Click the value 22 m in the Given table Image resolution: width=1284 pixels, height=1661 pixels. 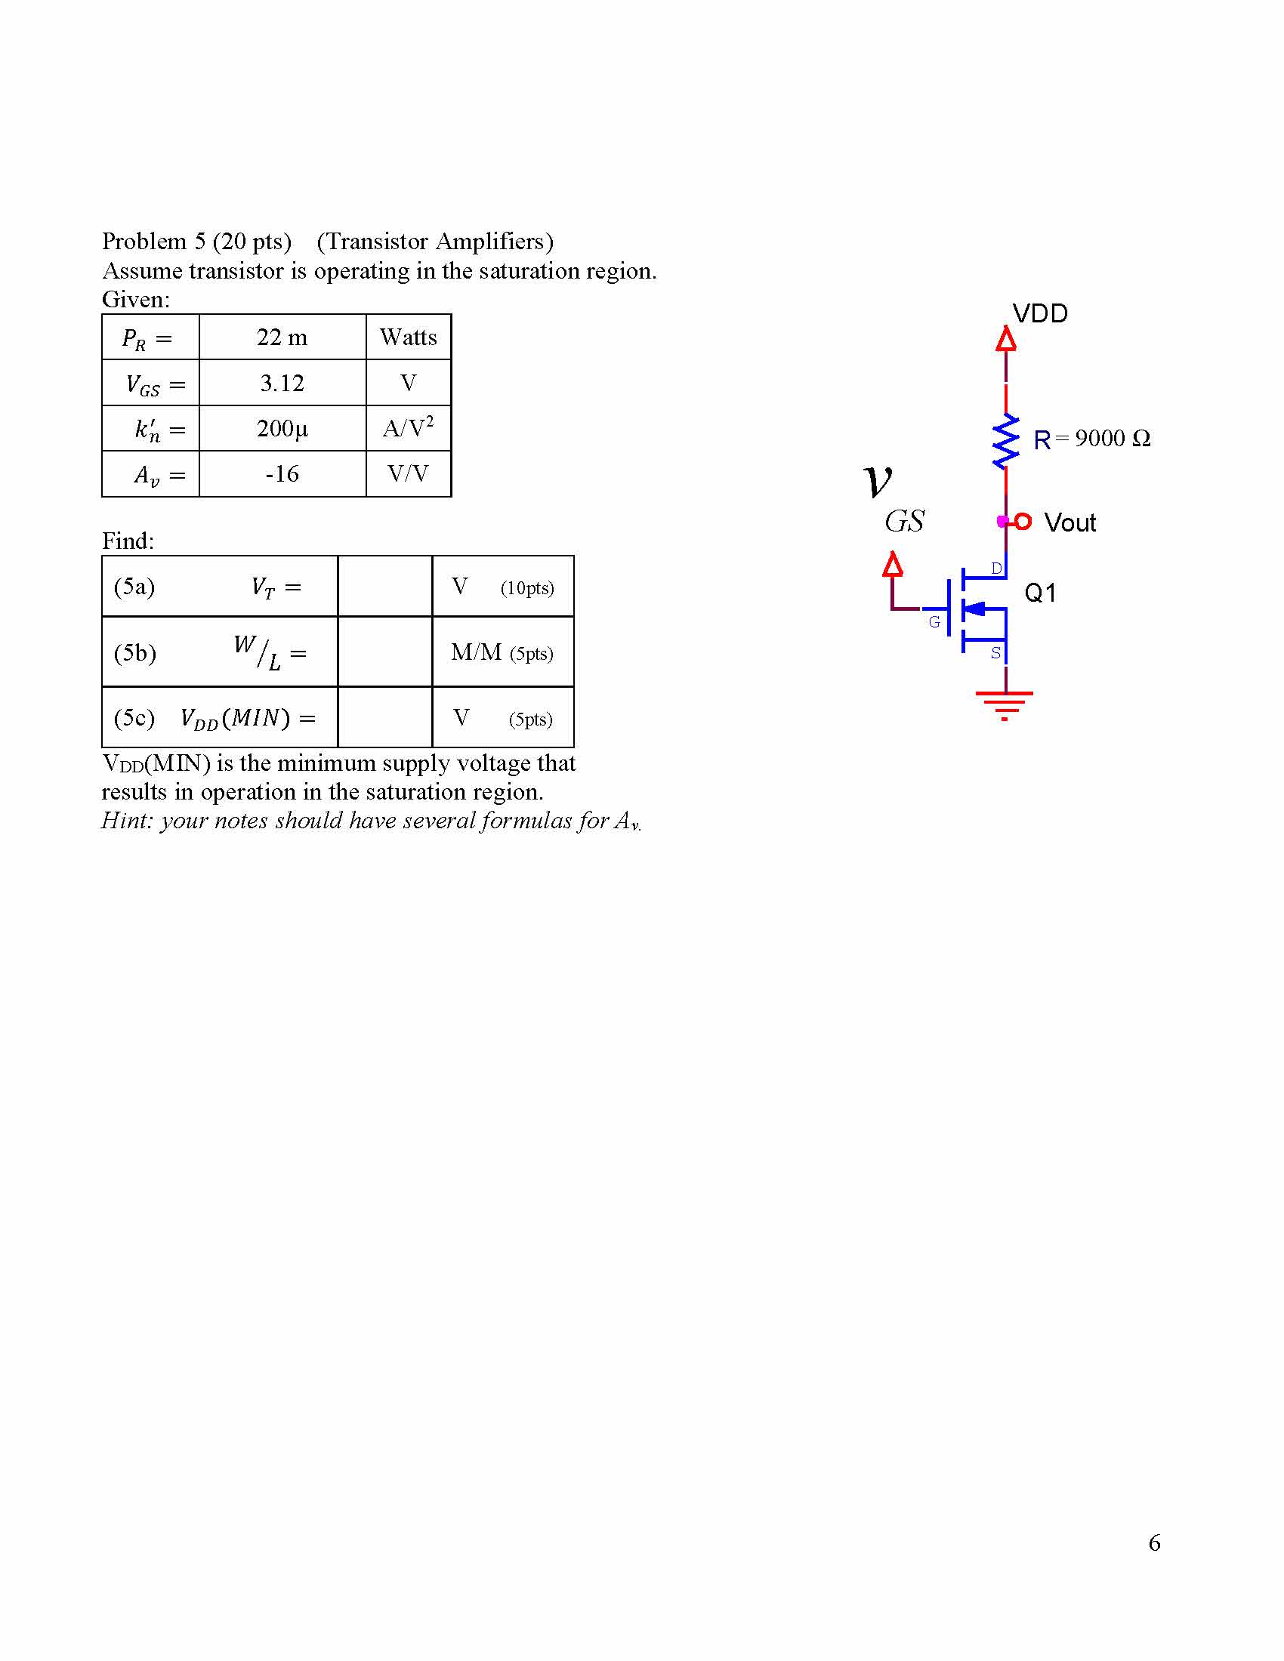pyautogui.click(x=282, y=337)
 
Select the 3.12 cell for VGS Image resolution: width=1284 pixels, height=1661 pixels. pyautogui.click(x=282, y=383)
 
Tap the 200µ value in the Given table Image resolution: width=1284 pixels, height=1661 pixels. pyautogui.click(x=282, y=428)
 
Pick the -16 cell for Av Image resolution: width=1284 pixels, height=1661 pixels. pyautogui.click(x=282, y=474)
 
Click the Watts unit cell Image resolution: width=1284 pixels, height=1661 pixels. pyautogui.click(x=409, y=337)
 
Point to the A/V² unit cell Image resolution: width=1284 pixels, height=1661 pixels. pyautogui.click(x=409, y=427)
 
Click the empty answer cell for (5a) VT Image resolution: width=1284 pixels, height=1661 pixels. pyautogui.click(x=385, y=587)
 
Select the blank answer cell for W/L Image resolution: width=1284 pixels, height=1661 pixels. pyautogui.click(x=385, y=652)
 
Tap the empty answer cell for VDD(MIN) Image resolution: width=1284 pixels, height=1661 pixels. pyautogui.click(x=385, y=717)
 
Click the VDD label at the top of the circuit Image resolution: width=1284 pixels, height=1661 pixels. pyautogui.click(x=1040, y=313)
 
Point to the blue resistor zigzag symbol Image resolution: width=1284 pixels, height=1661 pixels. pyautogui.click(x=1005, y=440)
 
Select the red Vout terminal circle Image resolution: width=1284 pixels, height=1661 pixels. pyautogui.click(x=1023, y=521)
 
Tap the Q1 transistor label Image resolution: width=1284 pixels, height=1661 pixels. pyautogui.click(x=1040, y=593)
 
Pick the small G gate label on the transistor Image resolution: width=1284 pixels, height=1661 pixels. pyautogui.click(x=935, y=622)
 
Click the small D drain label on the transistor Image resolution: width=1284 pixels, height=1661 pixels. pyautogui.click(x=996, y=568)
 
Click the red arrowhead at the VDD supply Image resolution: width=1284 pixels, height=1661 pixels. pyautogui.click(x=1005, y=338)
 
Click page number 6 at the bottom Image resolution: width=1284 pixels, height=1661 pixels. pyautogui.click(x=1154, y=1542)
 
